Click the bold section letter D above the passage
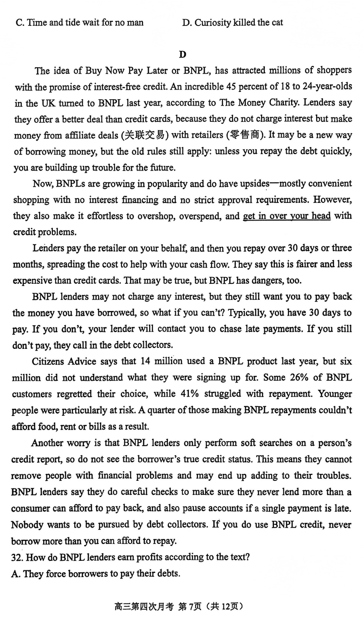pos(182,55)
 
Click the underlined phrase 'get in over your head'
pos(287,216)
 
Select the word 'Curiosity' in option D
pos(212,22)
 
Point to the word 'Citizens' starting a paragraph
pos(50,362)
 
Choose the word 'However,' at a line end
pos(334,200)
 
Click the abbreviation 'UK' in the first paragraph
pos(45,103)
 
